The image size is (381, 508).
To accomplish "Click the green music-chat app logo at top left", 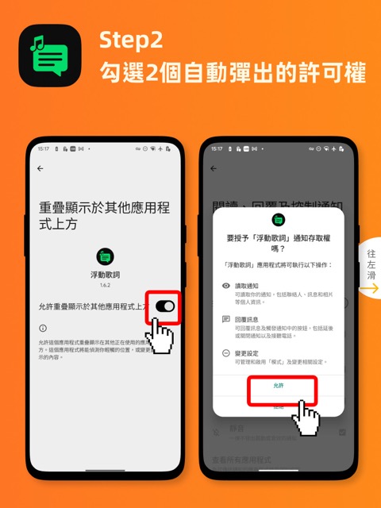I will pos(50,56).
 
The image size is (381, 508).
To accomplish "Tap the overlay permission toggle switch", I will pos(165,306).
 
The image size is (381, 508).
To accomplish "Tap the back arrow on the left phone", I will pos(40,168).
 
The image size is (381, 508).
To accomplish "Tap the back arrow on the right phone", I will pos(214,168).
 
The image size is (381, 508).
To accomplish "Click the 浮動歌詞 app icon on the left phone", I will pos(106,256).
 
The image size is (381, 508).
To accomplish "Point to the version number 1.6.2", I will pos(106,284).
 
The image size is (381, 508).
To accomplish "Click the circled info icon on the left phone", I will pos(42,328).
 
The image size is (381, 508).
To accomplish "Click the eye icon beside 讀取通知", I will pos(227,286).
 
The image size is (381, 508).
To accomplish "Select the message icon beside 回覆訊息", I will pos(227,319).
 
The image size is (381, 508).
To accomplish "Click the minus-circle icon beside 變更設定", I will pos(227,352).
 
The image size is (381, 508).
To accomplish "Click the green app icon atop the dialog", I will pos(279,220).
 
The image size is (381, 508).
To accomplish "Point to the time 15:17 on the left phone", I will pos(43,148).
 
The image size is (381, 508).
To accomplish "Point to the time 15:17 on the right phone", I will pos(217,148).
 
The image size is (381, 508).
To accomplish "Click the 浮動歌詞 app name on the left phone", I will pos(106,273).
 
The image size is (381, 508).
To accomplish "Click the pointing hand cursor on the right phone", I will pos(306,417).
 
